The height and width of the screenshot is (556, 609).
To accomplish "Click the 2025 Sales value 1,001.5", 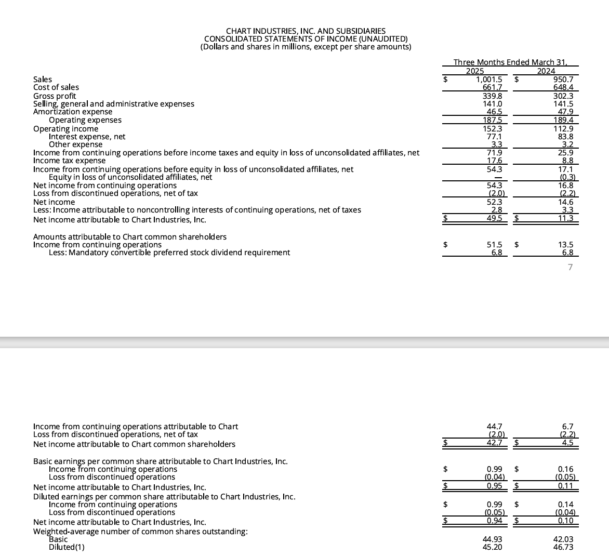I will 489,80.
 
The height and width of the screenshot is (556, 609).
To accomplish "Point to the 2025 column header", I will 475,71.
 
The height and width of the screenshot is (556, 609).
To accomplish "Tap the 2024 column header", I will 546,71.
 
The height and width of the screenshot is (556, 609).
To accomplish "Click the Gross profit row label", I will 55,96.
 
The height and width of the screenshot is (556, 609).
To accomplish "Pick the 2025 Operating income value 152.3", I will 493,128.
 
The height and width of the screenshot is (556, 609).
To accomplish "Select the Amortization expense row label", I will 73,112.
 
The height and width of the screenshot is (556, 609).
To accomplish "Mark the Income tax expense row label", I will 69,161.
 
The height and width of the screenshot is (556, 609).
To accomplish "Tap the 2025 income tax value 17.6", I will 494,161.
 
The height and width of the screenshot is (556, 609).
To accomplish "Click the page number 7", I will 570,267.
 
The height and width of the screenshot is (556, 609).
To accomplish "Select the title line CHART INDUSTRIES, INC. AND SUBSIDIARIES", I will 306,31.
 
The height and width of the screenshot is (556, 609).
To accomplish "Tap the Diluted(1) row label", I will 67,547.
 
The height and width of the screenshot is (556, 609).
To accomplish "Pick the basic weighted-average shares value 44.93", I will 493,539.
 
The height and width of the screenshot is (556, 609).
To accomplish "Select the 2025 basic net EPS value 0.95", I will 494,486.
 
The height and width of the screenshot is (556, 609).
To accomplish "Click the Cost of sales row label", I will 56,87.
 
